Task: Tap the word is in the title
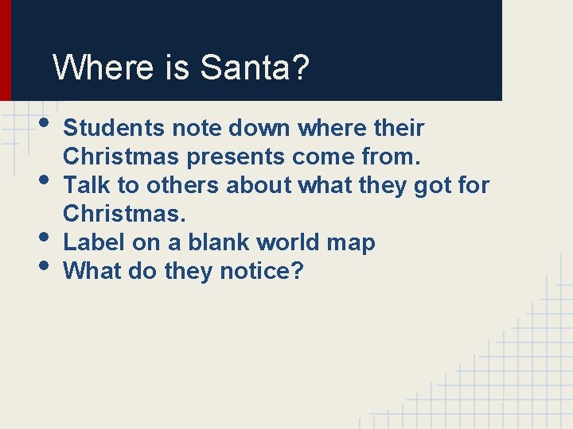(178, 68)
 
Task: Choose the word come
(322, 157)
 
